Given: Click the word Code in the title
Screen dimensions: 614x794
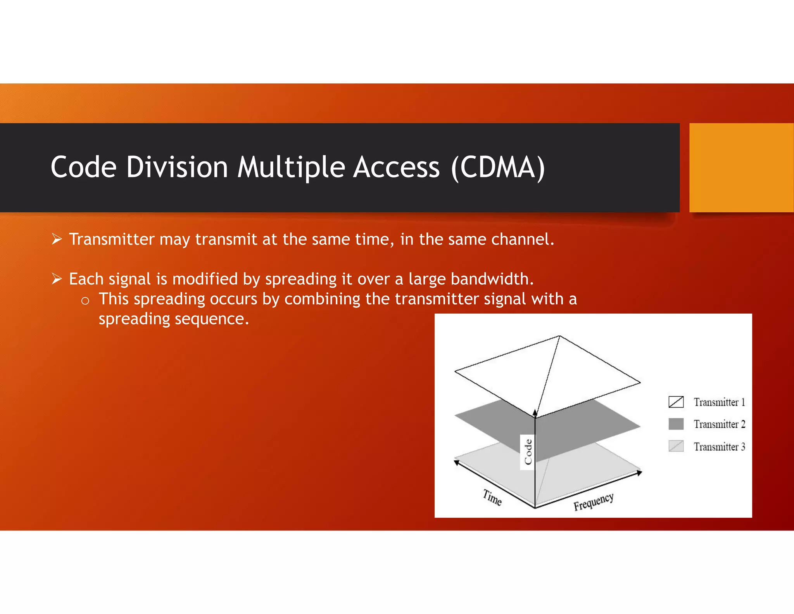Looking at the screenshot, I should pos(83,167).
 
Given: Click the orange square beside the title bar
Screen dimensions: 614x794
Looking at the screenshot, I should pos(741,167).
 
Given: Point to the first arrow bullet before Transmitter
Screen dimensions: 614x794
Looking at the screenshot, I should pos(57,239).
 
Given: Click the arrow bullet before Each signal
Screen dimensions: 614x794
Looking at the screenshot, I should pos(57,279).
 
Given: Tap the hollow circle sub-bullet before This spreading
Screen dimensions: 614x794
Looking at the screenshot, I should pos(85,301).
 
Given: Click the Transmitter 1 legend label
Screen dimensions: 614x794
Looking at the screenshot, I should pos(719,402).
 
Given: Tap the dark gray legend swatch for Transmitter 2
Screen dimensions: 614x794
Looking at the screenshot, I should pos(676,424).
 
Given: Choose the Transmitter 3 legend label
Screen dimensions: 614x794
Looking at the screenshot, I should pos(719,447).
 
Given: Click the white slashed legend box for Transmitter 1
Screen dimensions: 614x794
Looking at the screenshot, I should pos(676,402).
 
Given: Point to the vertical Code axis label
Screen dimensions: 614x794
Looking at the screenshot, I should pos(528,452).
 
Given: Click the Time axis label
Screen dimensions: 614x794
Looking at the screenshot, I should pos(492,498).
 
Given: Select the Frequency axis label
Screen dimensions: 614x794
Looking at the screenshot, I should pos(594,502).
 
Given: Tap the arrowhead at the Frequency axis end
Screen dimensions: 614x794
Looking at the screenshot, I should pos(639,472).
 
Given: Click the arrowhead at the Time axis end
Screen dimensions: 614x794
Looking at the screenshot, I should pos(457,462).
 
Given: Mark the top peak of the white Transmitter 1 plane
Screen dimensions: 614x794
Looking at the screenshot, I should pos(559,336).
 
